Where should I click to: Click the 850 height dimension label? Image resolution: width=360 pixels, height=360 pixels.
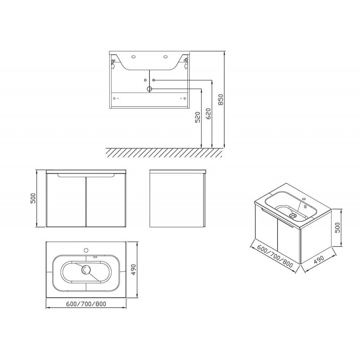220,99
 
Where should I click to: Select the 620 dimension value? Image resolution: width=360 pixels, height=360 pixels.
209,114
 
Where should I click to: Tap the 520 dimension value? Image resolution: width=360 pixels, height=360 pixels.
198,117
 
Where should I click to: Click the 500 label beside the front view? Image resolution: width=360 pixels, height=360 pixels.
33,198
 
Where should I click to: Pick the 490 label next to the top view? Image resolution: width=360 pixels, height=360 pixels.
133,270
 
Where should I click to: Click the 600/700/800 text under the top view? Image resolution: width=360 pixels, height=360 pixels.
86,304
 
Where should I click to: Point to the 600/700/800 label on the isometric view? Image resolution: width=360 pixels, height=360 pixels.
275,256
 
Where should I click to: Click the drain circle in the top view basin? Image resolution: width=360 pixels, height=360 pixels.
86,270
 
